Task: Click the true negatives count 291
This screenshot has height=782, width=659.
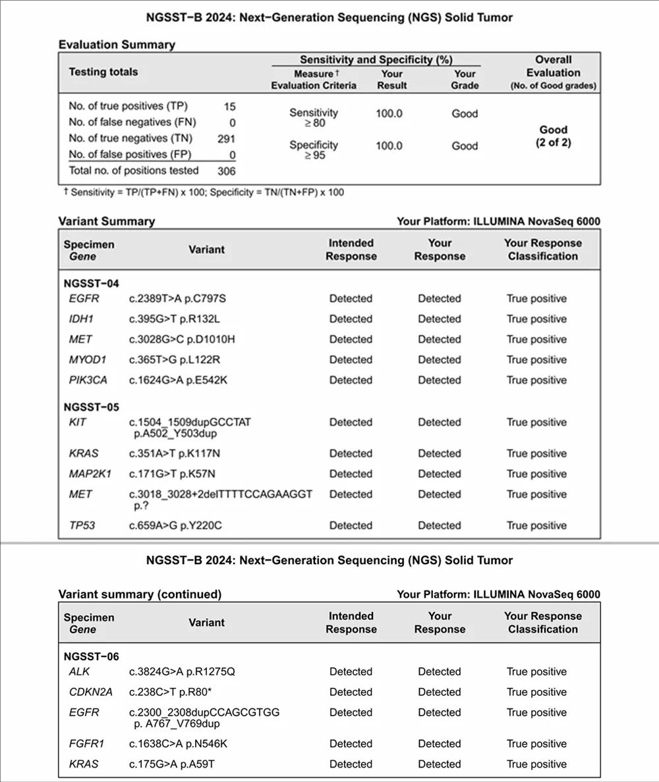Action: coord(226,138)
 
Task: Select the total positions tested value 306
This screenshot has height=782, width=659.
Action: coord(226,171)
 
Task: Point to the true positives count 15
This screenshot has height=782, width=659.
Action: coord(229,106)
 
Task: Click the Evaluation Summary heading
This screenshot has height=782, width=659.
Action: coord(117,45)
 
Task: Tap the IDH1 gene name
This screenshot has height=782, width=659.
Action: coord(80,319)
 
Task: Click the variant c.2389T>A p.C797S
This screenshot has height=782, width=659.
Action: coord(177,299)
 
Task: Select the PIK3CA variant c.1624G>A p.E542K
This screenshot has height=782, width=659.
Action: coord(177,380)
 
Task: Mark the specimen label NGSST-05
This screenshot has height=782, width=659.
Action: coord(92,407)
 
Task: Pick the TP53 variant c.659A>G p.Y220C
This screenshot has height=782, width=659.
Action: coord(177,525)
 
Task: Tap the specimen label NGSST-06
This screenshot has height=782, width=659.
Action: coord(92,656)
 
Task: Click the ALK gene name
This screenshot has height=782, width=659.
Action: coord(79,672)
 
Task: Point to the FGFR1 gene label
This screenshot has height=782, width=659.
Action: coord(84,744)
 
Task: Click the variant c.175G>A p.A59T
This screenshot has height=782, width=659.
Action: coord(173,764)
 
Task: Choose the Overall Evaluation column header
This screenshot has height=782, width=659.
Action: coord(553,72)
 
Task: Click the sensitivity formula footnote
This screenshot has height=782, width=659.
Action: coord(201,192)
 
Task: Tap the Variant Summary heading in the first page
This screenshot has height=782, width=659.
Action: coord(106,221)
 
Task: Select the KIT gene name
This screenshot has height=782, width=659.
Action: coord(78,423)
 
